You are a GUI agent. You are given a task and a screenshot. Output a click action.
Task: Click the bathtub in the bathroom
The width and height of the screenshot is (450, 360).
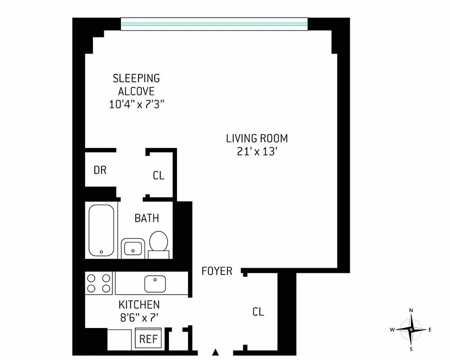(x=102, y=230)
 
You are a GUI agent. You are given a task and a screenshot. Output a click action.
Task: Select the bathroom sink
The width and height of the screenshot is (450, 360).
(x=132, y=248)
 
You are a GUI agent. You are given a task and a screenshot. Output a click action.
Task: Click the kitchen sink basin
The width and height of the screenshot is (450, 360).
(x=155, y=283)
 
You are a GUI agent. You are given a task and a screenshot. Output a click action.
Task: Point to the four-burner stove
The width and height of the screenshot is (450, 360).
(x=99, y=283)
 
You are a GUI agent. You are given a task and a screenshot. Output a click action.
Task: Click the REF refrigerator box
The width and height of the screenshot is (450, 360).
(x=148, y=338)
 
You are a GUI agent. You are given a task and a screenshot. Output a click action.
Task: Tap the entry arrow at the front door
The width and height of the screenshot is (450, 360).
(x=216, y=352)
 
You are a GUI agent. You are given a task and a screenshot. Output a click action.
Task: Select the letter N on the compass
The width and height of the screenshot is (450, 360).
(x=411, y=310)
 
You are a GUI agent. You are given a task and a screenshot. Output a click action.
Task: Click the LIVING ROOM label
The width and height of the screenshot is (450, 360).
(x=257, y=138)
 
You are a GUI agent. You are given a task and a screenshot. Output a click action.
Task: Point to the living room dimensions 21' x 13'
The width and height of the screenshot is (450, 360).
(x=255, y=152)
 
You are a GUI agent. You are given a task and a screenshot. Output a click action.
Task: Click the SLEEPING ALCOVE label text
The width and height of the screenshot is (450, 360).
(x=136, y=85)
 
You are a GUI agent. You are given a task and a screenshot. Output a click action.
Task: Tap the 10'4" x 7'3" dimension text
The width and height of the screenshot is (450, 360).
(x=136, y=104)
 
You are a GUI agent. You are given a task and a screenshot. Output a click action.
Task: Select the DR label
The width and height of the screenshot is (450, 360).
(x=100, y=170)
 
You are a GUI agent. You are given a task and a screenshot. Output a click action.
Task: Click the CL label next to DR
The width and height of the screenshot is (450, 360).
(x=159, y=175)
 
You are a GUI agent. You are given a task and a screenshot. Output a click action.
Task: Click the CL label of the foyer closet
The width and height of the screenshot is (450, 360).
(x=258, y=312)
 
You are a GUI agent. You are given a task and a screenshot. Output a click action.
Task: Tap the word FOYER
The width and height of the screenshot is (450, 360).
(x=217, y=271)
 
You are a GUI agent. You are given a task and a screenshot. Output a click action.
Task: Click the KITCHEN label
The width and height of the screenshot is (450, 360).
(x=139, y=305)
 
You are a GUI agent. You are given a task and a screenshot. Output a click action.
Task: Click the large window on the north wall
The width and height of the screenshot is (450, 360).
(x=214, y=24)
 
